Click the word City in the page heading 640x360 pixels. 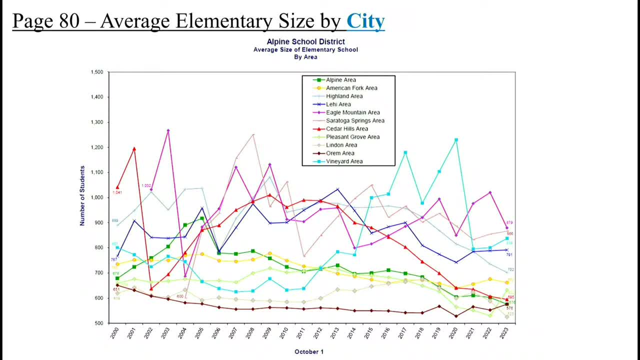point(365,21)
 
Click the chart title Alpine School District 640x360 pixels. point(305,41)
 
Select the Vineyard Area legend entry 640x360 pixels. point(344,161)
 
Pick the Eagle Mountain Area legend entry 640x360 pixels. point(352,112)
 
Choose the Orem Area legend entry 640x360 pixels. point(340,153)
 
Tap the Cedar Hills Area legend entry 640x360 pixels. point(346,128)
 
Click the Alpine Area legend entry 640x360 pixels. point(341,80)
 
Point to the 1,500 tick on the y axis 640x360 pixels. point(96,72)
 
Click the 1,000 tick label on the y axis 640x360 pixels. point(96,197)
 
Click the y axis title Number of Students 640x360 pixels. point(82,196)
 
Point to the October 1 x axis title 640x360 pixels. point(308,351)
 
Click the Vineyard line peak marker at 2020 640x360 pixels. point(456,140)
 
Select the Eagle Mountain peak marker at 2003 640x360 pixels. point(168,130)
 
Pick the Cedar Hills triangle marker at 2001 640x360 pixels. point(134,148)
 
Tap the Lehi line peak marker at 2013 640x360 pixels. point(337,189)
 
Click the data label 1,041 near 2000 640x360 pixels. point(117,192)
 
